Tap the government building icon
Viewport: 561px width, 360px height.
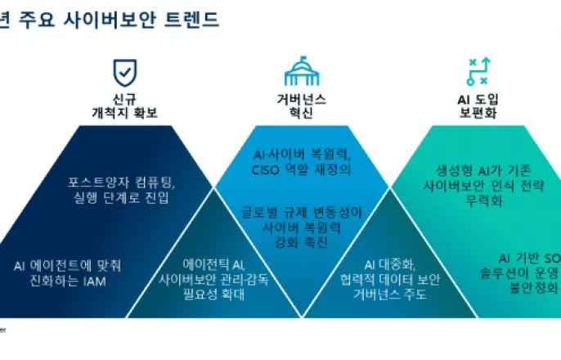301,72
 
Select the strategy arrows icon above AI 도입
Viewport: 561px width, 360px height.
477,72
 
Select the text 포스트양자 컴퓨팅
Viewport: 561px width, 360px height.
122,181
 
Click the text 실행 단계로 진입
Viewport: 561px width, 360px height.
122,197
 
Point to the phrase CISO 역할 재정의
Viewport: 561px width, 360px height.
301,169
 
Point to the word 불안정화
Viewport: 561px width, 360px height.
537,287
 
